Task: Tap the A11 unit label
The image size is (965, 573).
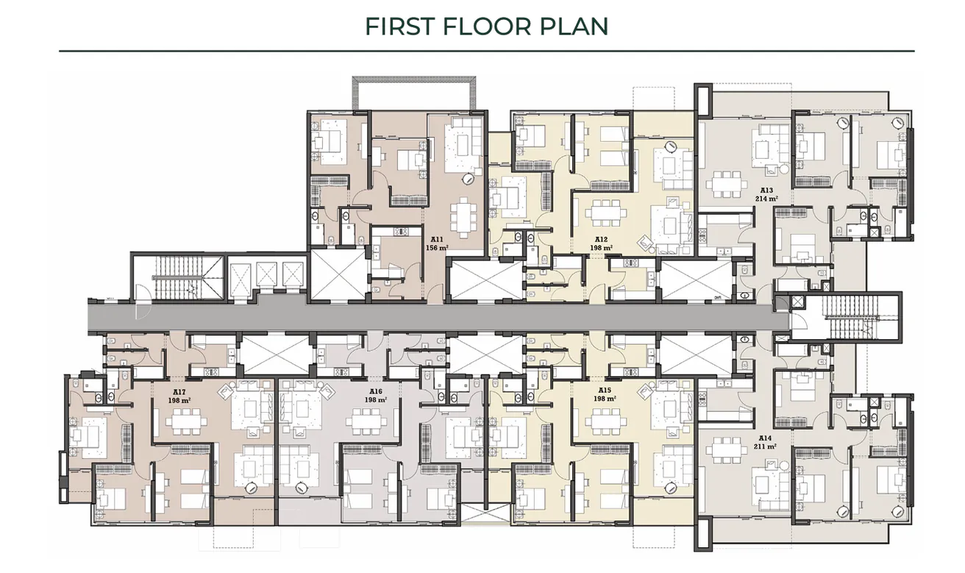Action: click(436, 239)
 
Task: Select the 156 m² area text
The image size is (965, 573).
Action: click(436, 248)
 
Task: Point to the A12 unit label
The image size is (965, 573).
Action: click(601, 239)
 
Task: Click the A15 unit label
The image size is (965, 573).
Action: click(605, 390)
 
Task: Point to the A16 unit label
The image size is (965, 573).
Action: click(376, 391)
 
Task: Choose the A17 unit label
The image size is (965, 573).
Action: click(178, 392)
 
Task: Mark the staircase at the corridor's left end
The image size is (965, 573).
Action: click(177, 279)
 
